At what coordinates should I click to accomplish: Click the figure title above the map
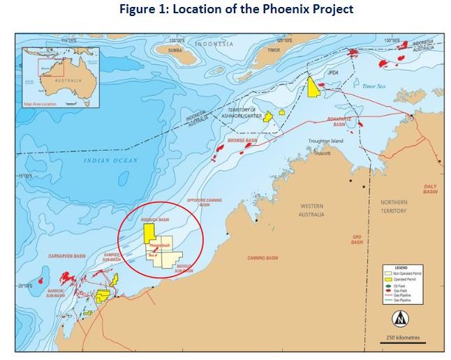click(x=225, y=10)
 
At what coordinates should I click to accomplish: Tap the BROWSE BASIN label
click(x=243, y=140)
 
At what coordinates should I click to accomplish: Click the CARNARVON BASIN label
click(x=62, y=257)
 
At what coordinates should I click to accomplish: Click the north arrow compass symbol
click(x=400, y=320)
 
